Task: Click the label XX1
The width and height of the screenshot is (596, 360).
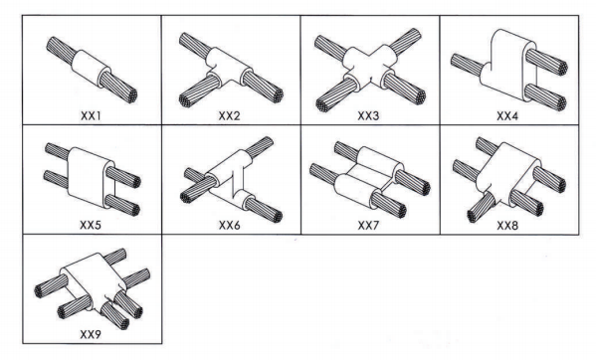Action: tap(91, 115)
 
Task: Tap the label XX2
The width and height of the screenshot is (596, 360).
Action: tap(229, 115)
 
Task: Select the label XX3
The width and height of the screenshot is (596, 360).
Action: tap(368, 115)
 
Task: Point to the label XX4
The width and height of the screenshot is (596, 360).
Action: tap(507, 115)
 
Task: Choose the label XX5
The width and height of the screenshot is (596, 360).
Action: tap(91, 225)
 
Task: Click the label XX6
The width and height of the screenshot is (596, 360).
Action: tap(230, 225)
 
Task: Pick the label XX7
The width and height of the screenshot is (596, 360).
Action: tap(368, 226)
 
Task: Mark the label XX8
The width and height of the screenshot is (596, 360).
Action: tap(507, 226)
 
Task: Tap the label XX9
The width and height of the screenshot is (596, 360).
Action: tap(91, 334)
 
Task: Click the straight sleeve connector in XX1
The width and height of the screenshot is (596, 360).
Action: tap(92, 70)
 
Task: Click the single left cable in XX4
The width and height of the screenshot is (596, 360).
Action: tap(467, 65)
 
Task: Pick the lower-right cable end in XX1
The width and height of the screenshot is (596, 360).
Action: tap(117, 88)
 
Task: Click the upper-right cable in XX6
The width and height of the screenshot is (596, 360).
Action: tap(260, 146)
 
